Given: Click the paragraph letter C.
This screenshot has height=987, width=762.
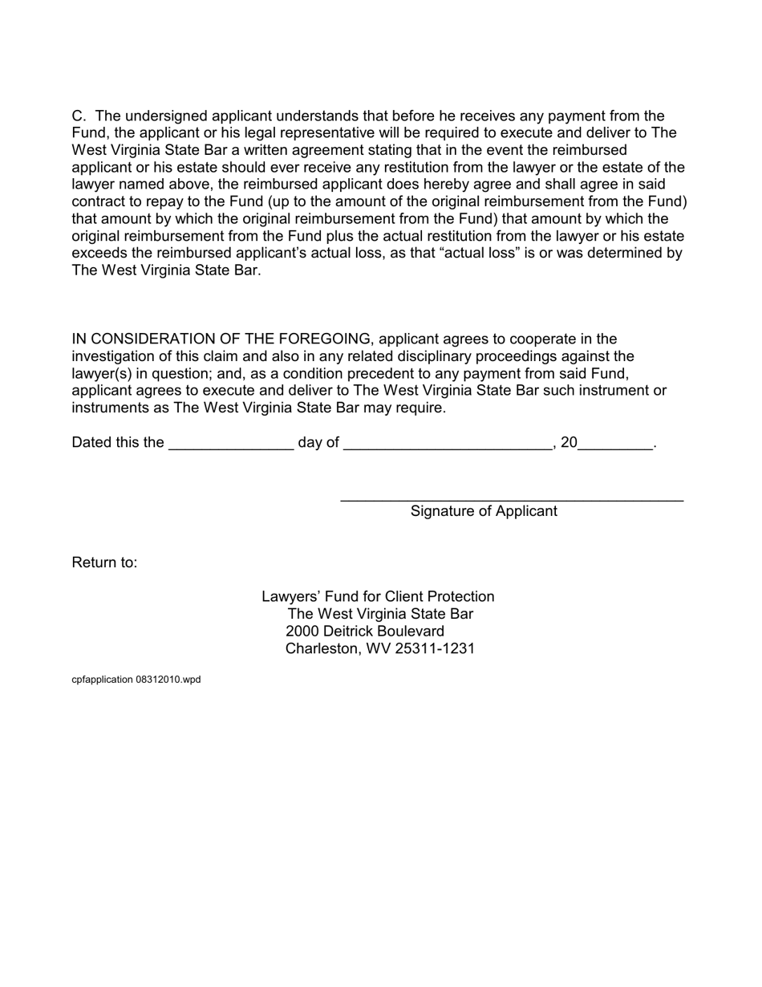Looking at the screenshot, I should (x=78, y=116).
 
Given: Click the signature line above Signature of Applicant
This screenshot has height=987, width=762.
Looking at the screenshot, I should (x=512, y=500).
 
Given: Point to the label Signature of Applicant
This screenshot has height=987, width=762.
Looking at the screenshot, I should (x=484, y=511).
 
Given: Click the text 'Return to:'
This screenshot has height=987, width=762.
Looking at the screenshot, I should (x=104, y=563).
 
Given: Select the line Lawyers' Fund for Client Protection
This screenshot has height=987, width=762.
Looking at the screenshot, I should (x=378, y=597).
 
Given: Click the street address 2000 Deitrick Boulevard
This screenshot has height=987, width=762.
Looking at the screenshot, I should (x=365, y=632).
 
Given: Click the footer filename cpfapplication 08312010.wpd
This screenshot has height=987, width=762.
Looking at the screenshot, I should (x=136, y=680).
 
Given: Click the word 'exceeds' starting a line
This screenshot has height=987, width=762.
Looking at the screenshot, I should (x=97, y=254).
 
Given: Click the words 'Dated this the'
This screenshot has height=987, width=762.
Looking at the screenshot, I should (x=117, y=443).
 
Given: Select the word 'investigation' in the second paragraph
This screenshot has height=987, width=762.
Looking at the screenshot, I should (x=114, y=356).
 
